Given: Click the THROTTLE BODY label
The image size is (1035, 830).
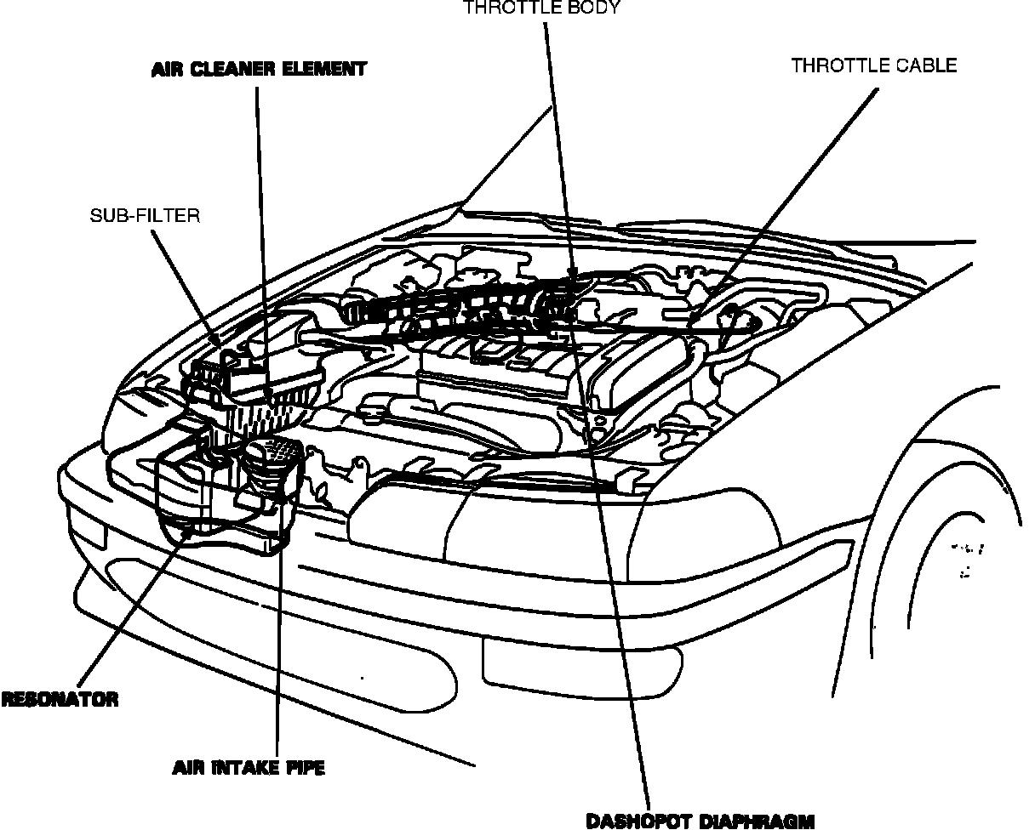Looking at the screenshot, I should (x=541, y=9).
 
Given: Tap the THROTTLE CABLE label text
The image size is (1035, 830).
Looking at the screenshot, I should (x=874, y=65).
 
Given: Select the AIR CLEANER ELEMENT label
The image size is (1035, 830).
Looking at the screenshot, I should (x=259, y=69).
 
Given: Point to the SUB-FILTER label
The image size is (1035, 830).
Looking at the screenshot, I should (x=145, y=216).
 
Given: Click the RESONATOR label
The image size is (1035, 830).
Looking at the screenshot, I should (x=60, y=700).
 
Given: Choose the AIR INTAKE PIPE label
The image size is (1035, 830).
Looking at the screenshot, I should (x=249, y=768).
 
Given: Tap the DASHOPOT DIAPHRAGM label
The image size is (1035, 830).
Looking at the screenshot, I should (x=700, y=821).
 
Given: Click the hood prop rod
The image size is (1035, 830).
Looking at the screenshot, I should (x=502, y=162).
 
